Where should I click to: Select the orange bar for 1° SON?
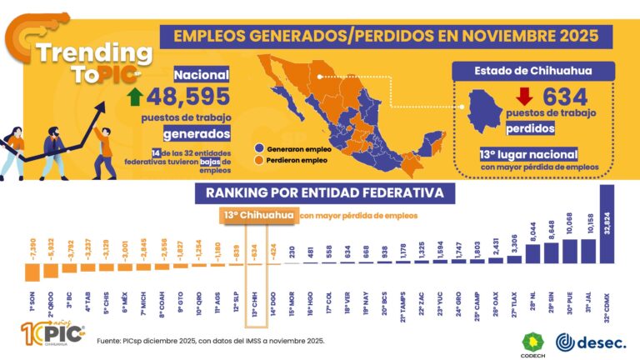click(x=32, y=271)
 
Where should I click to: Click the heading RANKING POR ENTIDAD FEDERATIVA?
click(x=326, y=194)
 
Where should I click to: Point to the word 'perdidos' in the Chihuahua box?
click(x=531, y=130)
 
